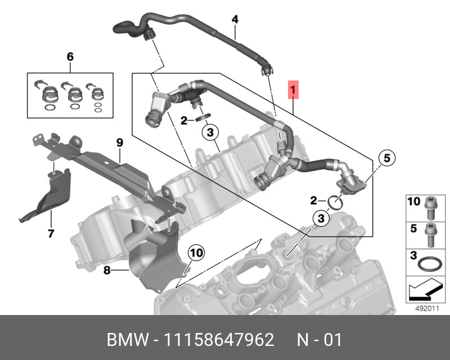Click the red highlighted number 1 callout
click(293, 89)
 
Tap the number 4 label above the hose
click(235, 20)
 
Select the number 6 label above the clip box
click(70, 57)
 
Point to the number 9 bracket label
click(119, 143)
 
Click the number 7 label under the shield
click(50, 233)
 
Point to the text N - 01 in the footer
click(319, 340)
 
